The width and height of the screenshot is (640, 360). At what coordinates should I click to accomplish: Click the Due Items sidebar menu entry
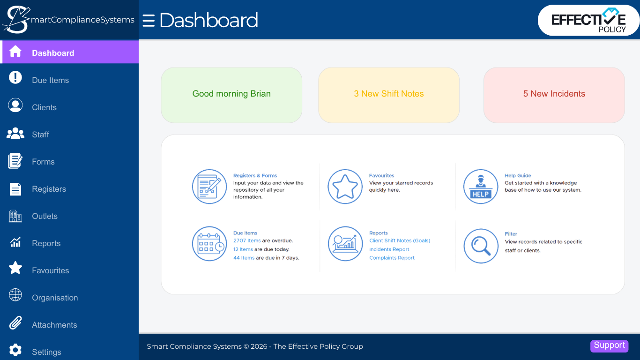pyautogui.click(x=50, y=80)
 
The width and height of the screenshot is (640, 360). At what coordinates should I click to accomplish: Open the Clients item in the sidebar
pyautogui.click(x=44, y=107)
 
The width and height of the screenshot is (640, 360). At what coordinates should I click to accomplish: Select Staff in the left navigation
pyautogui.click(x=40, y=135)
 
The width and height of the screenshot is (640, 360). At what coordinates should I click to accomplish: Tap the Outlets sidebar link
pyautogui.click(x=45, y=216)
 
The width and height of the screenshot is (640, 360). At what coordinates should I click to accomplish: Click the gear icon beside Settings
pyautogui.click(x=15, y=350)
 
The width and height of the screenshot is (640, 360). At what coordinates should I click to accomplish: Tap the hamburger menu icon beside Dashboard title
pyautogui.click(x=149, y=21)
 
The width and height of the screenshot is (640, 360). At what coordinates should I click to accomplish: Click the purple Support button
pyautogui.click(x=609, y=345)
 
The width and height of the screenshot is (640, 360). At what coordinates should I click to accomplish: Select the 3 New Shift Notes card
pyautogui.click(x=388, y=94)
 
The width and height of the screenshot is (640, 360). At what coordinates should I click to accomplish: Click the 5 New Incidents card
pyautogui.click(x=554, y=94)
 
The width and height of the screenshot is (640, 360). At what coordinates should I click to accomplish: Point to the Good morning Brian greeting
pyautogui.click(x=231, y=94)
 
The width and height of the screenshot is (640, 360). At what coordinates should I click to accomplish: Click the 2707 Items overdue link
pyautogui.click(x=247, y=240)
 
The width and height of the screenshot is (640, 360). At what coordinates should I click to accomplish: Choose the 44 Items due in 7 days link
pyautogui.click(x=244, y=258)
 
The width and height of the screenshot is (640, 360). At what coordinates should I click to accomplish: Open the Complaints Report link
pyautogui.click(x=392, y=258)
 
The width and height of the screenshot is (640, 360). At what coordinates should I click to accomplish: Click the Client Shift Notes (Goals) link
pyautogui.click(x=399, y=240)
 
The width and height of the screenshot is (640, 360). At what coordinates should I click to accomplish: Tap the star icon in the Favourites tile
pyautogui.click(x=345, y=187)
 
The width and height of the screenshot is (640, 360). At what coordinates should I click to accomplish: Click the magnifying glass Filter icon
pyautogui.click(x=481, y=246)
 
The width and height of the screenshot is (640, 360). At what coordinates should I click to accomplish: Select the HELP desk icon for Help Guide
pyautogui.click(x=481, y=187)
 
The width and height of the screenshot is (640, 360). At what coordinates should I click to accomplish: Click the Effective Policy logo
pyautogui.click(x=588, y=21)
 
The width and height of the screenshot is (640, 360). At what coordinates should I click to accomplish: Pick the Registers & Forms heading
pyautogui.click(x=255, y=176)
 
